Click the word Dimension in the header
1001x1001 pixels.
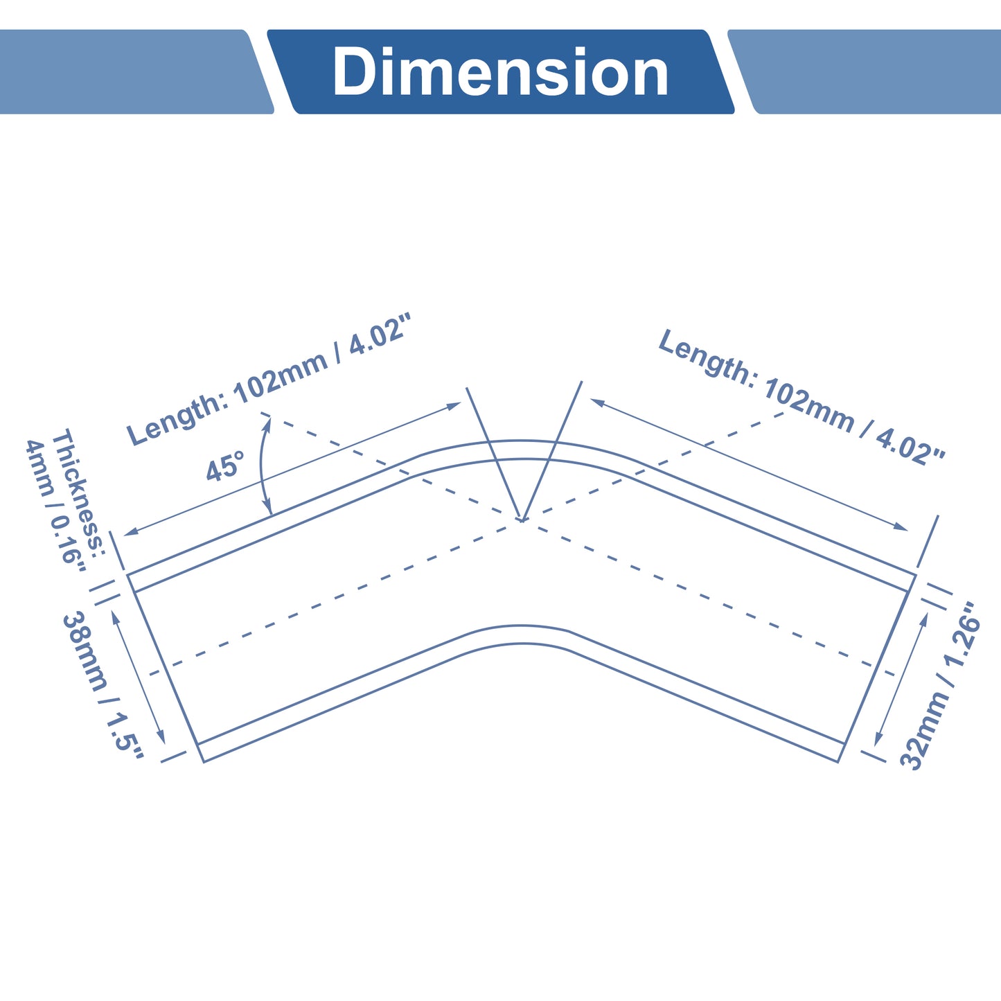[x=500, y=71]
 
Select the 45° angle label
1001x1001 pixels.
[x=225, y=466]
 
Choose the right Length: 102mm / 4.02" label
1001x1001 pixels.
[x=801, y=396]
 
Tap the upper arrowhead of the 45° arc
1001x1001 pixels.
[x=268, y=424]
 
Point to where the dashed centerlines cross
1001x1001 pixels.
[x=522, y=520]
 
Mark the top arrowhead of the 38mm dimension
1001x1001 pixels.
[x=115, y=617]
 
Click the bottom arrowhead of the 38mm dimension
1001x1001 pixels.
[x=161, y=736]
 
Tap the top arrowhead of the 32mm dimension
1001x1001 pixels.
[x=924, y=619]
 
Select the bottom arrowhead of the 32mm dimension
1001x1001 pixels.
[x=878, y=738]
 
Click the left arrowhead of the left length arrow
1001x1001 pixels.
[x=130, y=532]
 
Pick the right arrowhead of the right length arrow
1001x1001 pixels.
[x=901, y=526]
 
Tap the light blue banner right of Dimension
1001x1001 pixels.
[x=865, y=71]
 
